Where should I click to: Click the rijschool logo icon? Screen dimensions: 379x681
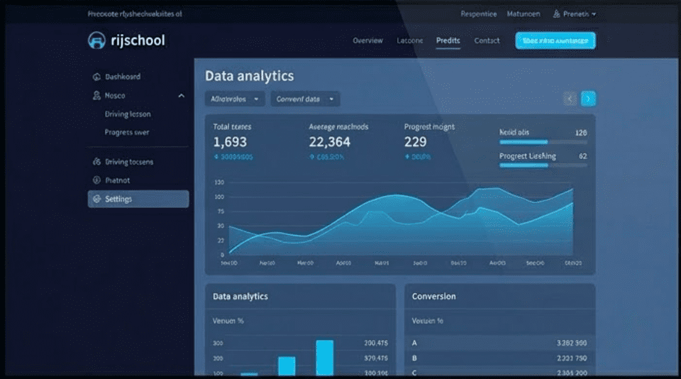(x=96, y=40)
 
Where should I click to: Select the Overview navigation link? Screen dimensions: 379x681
(x=367, y=40)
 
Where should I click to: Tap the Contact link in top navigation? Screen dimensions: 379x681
(x=487, y=40)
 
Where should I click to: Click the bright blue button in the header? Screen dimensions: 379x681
(x=555, y=40)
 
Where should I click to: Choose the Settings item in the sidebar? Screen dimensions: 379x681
(x=138, y=199)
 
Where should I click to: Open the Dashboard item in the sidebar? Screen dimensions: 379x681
(x=122, y=77)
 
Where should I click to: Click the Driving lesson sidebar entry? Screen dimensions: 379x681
(x=128, y=114)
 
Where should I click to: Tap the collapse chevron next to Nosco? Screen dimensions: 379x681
(x=181, y=96)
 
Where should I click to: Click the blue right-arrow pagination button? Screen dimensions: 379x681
(x=588, y=99)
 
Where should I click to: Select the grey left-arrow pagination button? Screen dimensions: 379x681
(x=570, y=99)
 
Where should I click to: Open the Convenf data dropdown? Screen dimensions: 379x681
(x=305, y=99)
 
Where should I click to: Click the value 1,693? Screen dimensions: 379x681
(x=230, y=142)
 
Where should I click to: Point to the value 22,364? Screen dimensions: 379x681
(x=329, y=142)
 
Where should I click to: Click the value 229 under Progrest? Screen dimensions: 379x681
(x=416, y=142)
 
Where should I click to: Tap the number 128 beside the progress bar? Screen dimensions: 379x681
(x=580, y=133)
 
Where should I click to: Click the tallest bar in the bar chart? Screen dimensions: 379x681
(x=325, y=358)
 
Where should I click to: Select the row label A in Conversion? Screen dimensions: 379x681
(x=414, y=343)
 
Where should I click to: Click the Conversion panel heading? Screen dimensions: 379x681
(x=433, y=296)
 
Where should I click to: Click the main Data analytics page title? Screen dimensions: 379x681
(x=249, y=76)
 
